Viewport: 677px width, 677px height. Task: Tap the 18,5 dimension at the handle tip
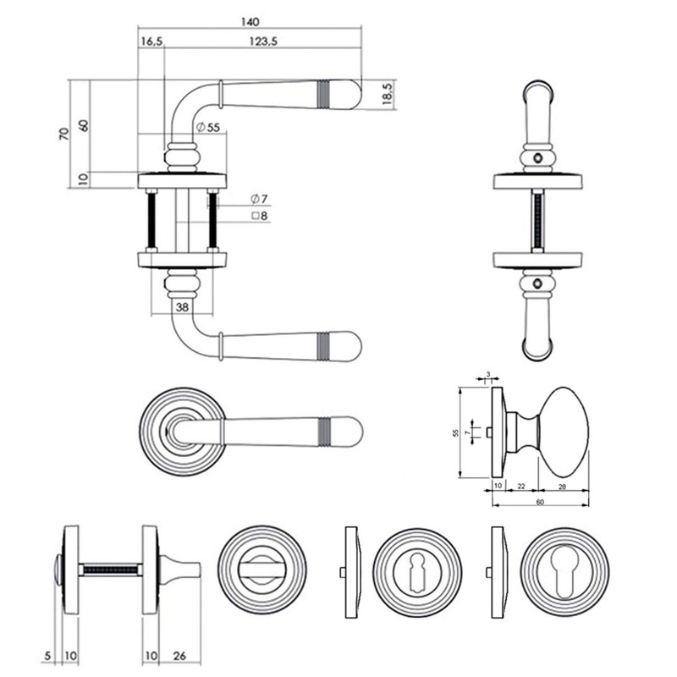tap(386, 95)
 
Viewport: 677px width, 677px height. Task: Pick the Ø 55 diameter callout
tap(207, 127)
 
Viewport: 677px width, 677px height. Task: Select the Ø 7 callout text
tap(259, 199)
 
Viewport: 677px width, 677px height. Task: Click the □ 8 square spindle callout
tap(259, 217)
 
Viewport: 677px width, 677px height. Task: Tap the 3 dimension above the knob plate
tap(489, 373)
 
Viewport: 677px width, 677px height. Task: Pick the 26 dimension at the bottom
tap(180, 656)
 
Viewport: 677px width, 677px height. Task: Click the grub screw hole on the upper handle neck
tap(538, 158)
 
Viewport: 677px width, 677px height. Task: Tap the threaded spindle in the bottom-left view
tap(110, 570)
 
